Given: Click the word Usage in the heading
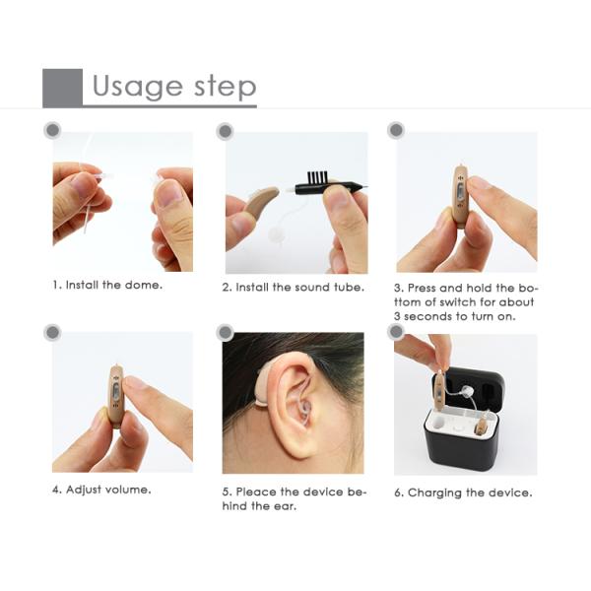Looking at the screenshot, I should point(131,87).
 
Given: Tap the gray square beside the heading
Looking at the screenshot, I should point(62,88).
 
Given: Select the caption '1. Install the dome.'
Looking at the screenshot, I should point(107,286).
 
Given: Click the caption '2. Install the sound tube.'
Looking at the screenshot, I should point(293,287).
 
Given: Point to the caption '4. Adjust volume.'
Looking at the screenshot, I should point(101,489).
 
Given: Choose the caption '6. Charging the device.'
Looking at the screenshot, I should point(463,492).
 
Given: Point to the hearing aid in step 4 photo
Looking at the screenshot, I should point(116,397).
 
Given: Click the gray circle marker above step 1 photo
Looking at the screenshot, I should point(52,130).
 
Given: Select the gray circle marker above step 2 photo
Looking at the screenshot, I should point(225,130).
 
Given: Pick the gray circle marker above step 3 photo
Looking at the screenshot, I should point(396,130).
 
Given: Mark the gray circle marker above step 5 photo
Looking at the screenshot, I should point(225,332).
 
